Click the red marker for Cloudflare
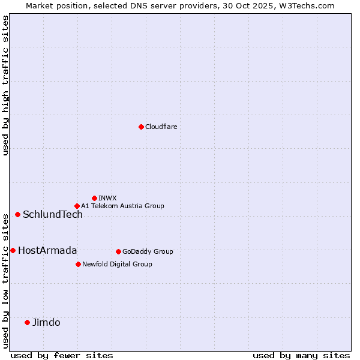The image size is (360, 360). [141, 127]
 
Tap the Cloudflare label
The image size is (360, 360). [161, 127]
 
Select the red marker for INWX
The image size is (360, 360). [94, 198]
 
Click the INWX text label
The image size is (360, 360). [108, 198]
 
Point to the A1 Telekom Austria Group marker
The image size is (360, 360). [77, 206]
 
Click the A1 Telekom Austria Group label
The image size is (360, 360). [122, 206]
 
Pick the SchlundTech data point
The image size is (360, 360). [17, 214]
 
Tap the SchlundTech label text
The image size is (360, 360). [53, 215]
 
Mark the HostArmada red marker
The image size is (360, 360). [13, 250]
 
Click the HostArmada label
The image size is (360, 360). [47, 251]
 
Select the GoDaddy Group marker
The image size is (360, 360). [118, 251]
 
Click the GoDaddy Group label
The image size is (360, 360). [148, 251]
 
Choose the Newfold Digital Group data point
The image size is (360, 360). [78, 264]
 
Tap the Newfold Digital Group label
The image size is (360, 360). [117, 264]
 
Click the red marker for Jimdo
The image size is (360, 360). [27, 322]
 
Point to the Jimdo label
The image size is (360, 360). [46, 323]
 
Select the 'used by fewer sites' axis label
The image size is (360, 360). [62, 355]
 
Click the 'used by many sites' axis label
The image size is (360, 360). [301, 355]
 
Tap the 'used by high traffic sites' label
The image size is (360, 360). [5, 85]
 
